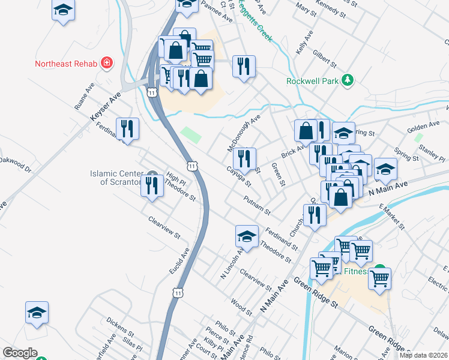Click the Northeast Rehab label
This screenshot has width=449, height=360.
pos(66,64)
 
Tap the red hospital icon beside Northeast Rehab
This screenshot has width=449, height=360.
pos(106,62)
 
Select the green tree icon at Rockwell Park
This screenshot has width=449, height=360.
pos(346,80)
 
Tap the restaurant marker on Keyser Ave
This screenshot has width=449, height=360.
pos(127,129)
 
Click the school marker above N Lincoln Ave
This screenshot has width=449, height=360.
pos(247,238)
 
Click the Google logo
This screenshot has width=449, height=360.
pos(20,353)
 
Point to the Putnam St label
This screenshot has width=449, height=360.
pos(258,205)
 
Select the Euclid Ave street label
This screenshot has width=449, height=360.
pos(179,262)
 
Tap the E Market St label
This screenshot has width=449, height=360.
pos(392,216)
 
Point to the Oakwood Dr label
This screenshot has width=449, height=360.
pos(15,164)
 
